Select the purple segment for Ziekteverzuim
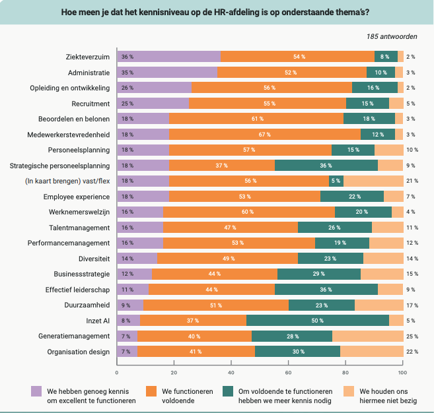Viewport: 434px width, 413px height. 168,57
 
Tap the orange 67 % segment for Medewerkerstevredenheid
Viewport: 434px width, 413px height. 265,134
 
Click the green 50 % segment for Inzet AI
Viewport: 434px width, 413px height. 318,321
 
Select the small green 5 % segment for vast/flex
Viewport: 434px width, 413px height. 336,181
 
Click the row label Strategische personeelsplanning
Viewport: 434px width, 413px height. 60,165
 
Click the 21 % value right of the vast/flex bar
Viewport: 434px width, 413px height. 412,181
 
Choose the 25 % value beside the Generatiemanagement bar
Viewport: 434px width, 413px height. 412,336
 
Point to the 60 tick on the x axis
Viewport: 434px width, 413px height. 288,371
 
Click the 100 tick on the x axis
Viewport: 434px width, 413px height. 402,371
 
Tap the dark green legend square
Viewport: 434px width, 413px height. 229,391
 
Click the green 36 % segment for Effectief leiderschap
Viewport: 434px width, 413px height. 326,290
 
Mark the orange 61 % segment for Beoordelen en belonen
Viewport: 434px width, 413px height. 256,119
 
